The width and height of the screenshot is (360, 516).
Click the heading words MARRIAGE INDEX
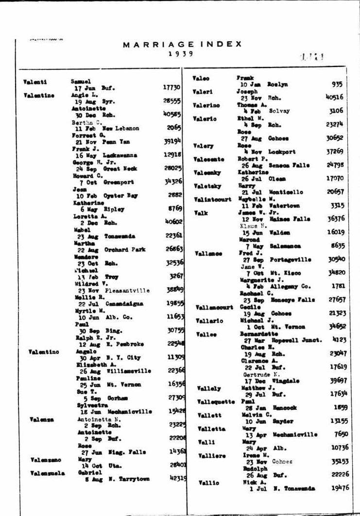tap(182, 44)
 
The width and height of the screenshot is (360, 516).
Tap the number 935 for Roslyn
tap(337, 84)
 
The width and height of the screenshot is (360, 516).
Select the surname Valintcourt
tap(212, 200)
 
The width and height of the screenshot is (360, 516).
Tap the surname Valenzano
tap(46, 459)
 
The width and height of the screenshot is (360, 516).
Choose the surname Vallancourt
tap(214, 307)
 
